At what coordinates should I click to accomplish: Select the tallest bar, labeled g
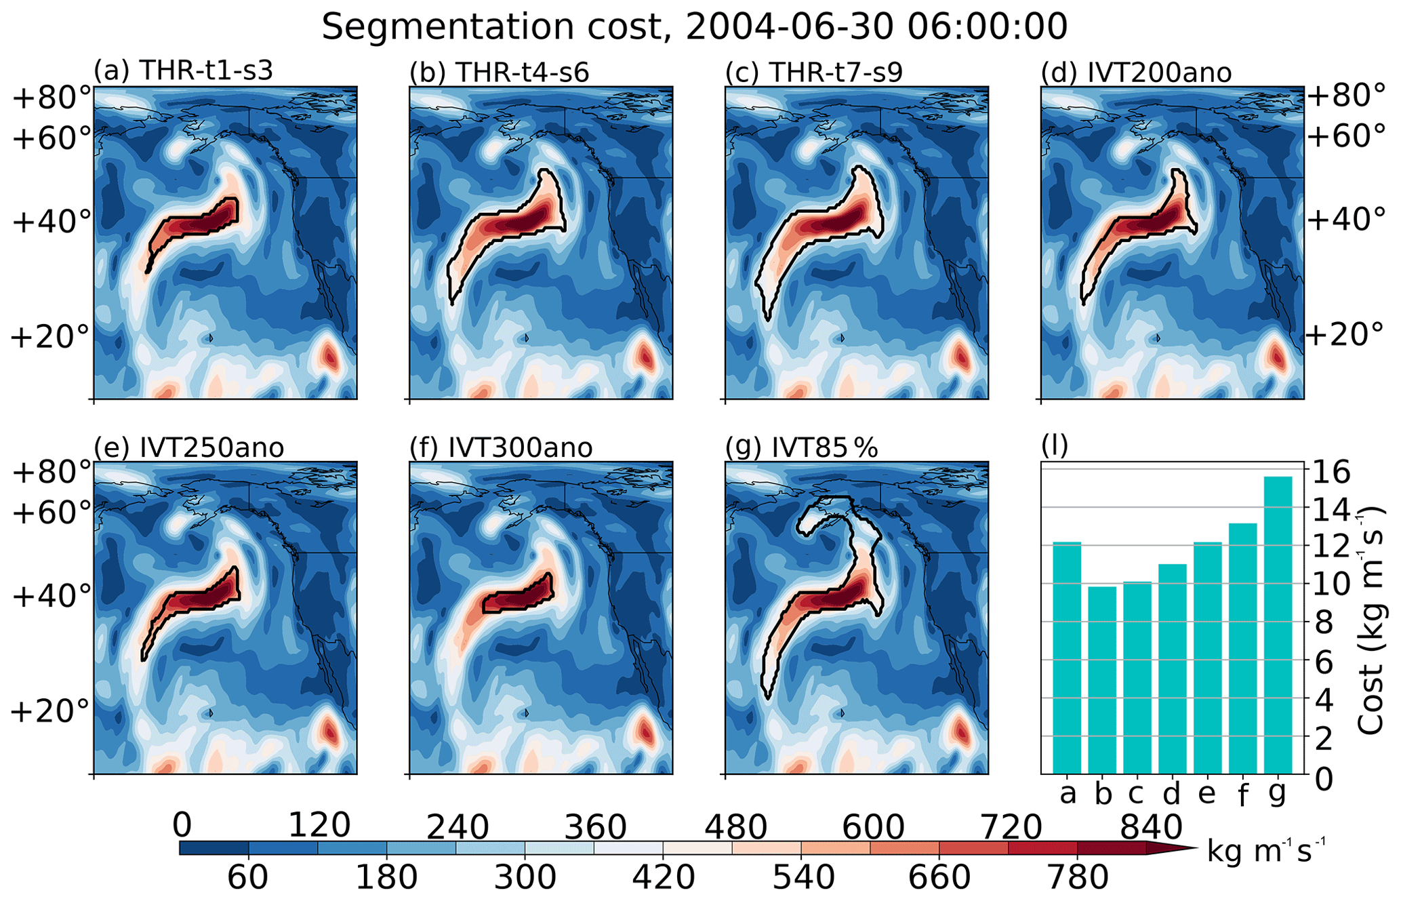pyautogui.click(x=1278, y=624)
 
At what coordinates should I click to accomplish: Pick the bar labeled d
pyautogui.click(x=1173, y=668)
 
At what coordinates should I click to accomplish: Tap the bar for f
pyautogui.click(x=1242, y=647)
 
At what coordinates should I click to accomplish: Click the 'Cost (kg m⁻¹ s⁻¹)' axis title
pyautogui.click(x=1370, y=620)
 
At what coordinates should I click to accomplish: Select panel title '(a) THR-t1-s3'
pyautogui.click(x=183, y=71)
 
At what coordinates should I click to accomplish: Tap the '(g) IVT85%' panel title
pyautogui.click(x=801, y=447)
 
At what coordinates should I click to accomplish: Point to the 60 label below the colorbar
pyautogui.click(x=247, y=877)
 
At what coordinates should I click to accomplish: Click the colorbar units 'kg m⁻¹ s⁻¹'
pyautogui.click(x=1265, y=851)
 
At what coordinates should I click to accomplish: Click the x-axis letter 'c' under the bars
pyautogui.click(x=1137, y=793)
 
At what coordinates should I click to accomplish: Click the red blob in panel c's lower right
pyautogui.click(x=960, y=357)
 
